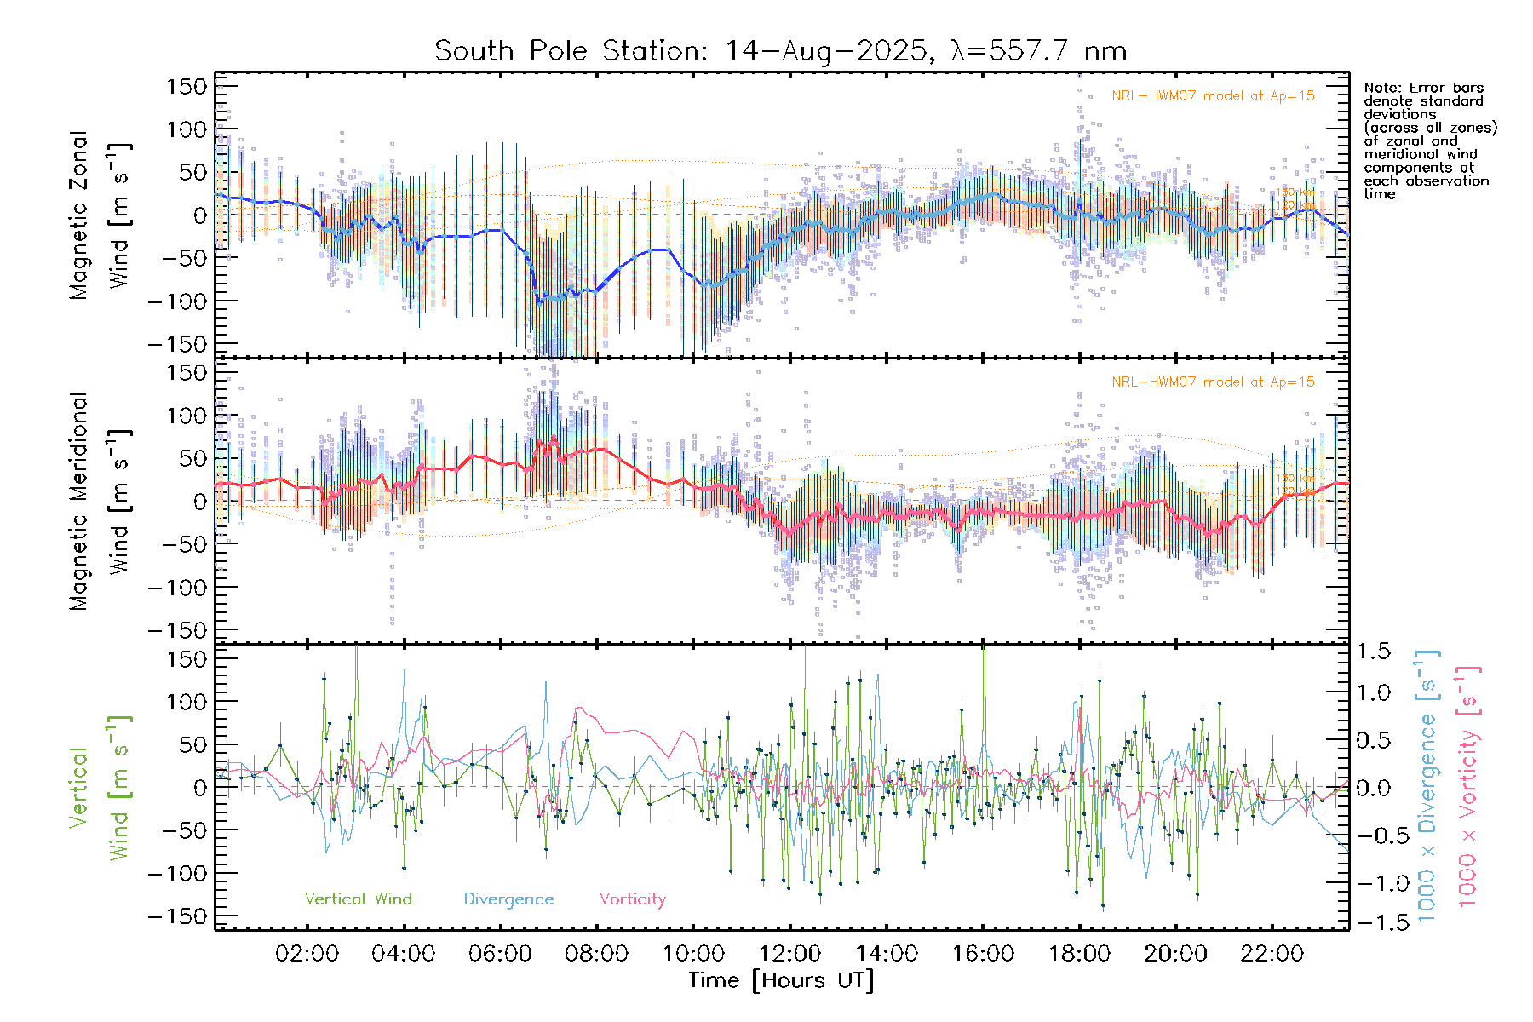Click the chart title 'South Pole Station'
[571, 51]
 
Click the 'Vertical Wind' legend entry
[358, 899]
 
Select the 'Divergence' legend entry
[508, 899]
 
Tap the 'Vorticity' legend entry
[632, 899]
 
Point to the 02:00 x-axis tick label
[307, 953]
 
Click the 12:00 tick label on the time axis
[789, 953]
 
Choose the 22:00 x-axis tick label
[1272, 953]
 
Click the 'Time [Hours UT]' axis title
[781, 980]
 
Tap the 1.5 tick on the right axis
[1374, 652]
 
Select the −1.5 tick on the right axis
[1374, 922]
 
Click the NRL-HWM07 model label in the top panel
[1213, 96]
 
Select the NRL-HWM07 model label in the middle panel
[1213, 382]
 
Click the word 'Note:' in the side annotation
[1381, 88]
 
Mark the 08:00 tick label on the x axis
[596, 953]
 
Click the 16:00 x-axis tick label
[983, 953]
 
